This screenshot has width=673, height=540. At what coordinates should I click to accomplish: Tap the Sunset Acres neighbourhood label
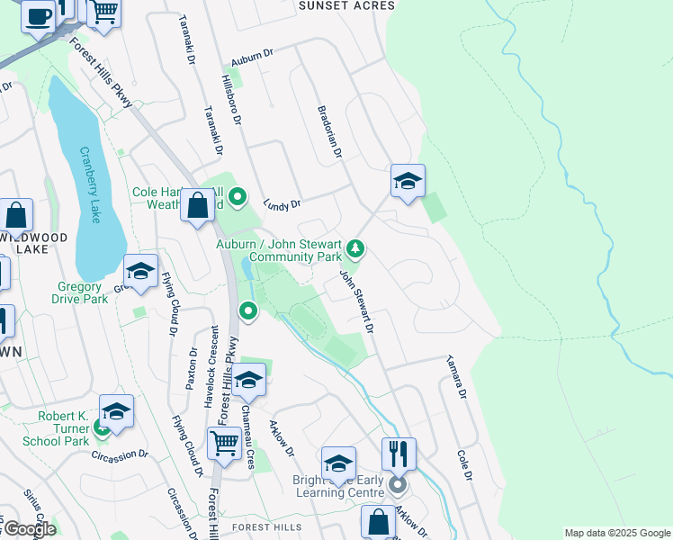click(346, 5)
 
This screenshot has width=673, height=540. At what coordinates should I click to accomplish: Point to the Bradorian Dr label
click(330, 133)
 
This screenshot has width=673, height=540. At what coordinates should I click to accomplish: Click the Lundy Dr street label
click(282, 205)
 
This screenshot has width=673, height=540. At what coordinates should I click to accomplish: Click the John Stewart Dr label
click(356, 303)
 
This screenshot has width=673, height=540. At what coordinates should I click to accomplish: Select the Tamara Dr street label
click(455, 377)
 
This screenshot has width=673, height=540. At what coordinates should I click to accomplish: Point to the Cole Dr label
click(464, 465)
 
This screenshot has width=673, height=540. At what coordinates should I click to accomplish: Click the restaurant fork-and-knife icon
click(399, 452)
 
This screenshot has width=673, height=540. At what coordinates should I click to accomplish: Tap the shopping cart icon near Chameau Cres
click(224, 442)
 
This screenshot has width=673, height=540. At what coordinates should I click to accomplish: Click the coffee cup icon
click(38, 15)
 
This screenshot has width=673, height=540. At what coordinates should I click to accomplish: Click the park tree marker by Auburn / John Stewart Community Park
click(356, 247)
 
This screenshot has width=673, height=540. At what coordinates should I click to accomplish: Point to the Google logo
click(29, 529)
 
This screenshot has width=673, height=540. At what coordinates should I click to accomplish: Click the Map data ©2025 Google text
click(616, 533)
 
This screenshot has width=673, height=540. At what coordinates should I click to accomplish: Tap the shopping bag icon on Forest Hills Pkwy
click(197, 206)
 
